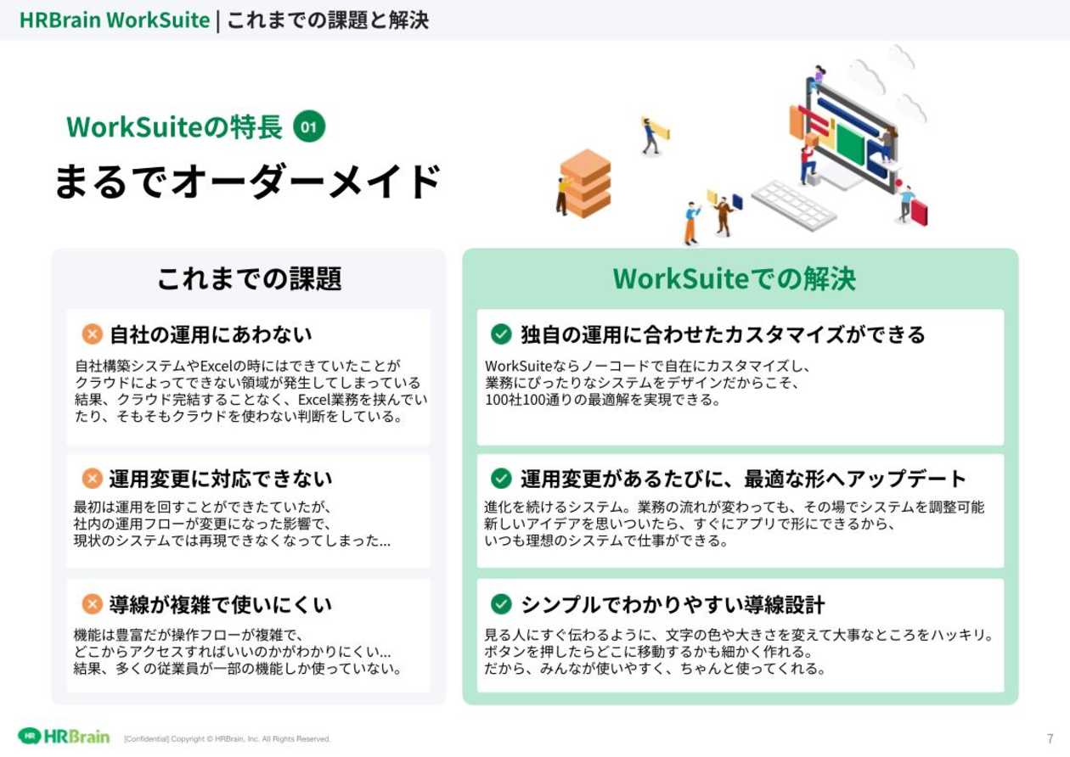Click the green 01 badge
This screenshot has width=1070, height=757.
[309, 127]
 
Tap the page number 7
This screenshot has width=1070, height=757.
[1050, 738]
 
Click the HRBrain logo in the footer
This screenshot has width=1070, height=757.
[65, 736]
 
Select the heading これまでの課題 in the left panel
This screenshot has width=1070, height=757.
[249, 278]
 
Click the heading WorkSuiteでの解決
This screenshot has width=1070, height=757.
[735, 278]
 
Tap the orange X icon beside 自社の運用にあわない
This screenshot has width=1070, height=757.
[92, 334]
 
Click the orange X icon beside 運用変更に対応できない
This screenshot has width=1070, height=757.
[92, 479]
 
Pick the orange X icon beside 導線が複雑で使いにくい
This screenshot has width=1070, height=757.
[92, 604]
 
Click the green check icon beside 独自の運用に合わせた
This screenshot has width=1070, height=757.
[501, 334]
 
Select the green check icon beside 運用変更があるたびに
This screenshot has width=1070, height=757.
[501, 479]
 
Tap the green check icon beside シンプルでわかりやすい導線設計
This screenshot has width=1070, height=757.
[501, 604]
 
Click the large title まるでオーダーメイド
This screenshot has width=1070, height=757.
[247, 182]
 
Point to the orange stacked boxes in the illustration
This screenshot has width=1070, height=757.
[585, 182]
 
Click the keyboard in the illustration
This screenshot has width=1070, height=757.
[793, 205]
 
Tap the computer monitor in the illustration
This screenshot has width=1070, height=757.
[849, 132]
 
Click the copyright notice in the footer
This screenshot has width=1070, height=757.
[227, 739]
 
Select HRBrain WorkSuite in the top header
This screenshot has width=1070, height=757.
[114, 20]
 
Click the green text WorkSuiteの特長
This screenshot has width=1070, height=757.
[174, 127]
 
